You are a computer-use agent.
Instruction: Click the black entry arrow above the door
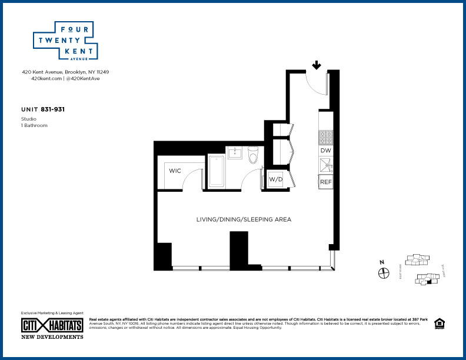(x=317, y=65)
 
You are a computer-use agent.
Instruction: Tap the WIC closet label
(x=175, y=171)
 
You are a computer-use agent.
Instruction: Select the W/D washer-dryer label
(x=275, y=179)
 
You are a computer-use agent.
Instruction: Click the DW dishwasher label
(x=326, y=151)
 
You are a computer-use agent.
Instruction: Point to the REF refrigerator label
(x=326, y=182)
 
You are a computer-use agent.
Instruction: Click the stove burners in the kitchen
(x=326, y=137)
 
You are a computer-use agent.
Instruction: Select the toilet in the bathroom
(x=254, y=156)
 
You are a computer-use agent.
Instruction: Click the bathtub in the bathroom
(x=217, y=171)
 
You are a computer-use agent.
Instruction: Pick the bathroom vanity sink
(x=234, y=154)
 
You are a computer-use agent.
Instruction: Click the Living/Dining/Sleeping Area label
(x=244, y=219)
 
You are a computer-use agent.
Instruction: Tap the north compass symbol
(x=383, y=272)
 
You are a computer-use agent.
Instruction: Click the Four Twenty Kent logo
(x=65, y=41)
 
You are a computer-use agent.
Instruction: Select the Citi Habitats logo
(x=52, y=325)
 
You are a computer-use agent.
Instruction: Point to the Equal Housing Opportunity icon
(x=439, y=324)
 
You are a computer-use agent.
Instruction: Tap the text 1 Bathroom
(x=34, y=125)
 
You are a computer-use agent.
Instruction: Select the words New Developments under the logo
(x=52, y=337)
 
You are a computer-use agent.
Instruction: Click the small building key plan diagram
(x=421, y=270)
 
